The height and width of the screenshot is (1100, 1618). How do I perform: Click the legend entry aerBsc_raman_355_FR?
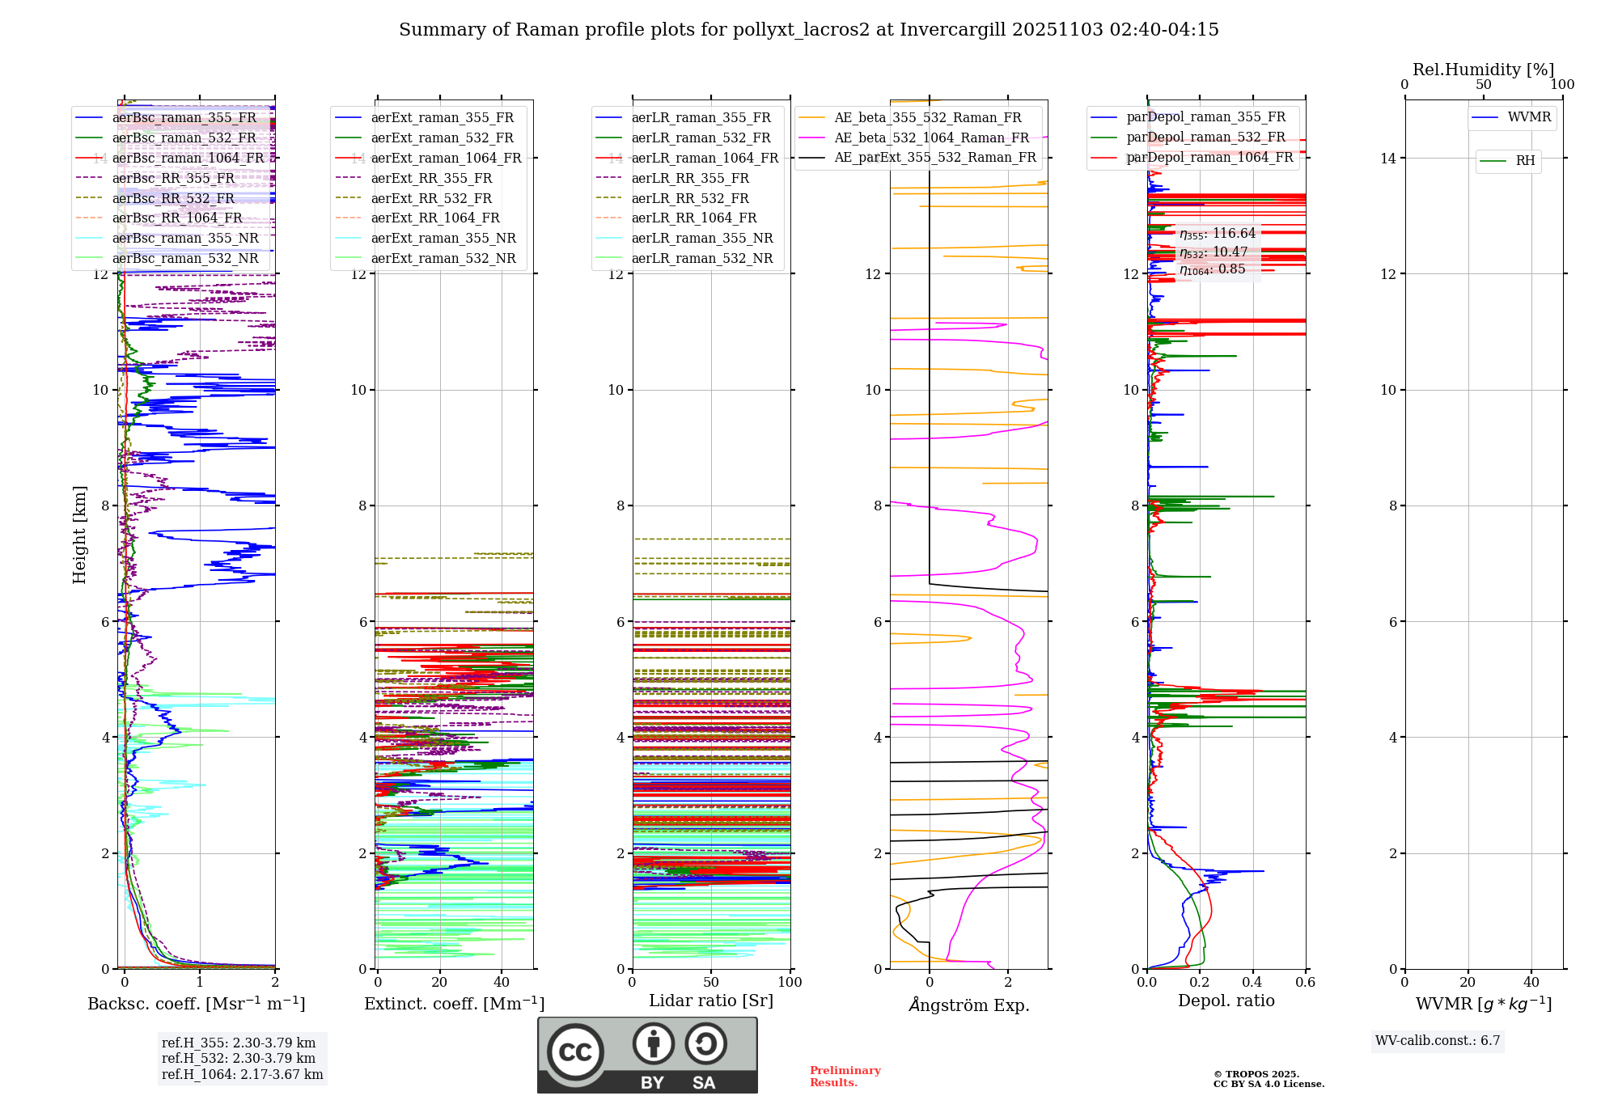pyautogui.click(x=184, y=118)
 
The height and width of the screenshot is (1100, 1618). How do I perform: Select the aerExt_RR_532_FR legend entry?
pyautogui.click(x=431, y=198)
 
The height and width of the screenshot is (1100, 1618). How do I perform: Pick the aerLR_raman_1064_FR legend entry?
pyautogui.click(x=705, y=158)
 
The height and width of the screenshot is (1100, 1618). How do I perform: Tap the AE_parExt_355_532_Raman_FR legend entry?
pyautogui.click(x=934, y=158)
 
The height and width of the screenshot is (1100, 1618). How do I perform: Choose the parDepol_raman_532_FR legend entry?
pyautogui.click(x=1205, y=137)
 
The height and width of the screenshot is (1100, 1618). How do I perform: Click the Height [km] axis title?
pyautogui.click(x=79, y=535)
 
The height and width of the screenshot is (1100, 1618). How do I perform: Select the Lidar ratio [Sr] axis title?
pyautogui.click(x=711, y=1001)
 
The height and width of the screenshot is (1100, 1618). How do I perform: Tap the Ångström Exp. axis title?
pyautogui.click(x=969, y=1005)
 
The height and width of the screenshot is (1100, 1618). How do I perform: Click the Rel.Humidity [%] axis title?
pyautogui.click(x=1483, y=70)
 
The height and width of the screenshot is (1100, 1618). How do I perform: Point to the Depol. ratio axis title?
pyautogui.click(x=1226, y=1001)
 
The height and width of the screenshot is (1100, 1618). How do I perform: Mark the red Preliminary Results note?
pyautogui.click(x=845, y=1077)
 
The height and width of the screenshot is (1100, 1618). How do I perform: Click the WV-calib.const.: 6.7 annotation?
pyautogui.click(x=1438, y=1041)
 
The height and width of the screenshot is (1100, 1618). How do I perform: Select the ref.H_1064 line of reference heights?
pyautogui.click(x=242, y=1075)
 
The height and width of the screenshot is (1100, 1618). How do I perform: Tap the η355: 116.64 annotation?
pyautogui.click(x=1218, y=234)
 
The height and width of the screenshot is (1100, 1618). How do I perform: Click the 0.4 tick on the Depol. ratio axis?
pyautogui.click(x=1252, y=983)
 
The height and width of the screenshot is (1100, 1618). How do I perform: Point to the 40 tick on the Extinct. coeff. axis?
pyautogui.click(x=502, y=983)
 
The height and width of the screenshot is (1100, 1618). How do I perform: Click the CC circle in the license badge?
pyautogui.click(x=575, y=1052)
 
